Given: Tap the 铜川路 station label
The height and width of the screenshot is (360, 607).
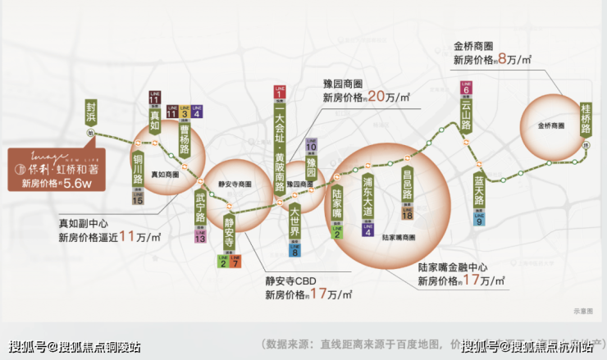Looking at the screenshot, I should coord(138,168).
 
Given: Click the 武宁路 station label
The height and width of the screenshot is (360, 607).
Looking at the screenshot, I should coord(200,209).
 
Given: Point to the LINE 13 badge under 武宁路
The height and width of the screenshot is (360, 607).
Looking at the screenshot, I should coord(200,236).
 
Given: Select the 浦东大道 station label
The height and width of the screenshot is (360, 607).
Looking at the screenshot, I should coord(367,200).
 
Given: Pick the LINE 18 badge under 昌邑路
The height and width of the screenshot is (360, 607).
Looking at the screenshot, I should coord(407,211).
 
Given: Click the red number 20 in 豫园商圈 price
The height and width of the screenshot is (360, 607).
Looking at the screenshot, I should coord(377,96).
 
